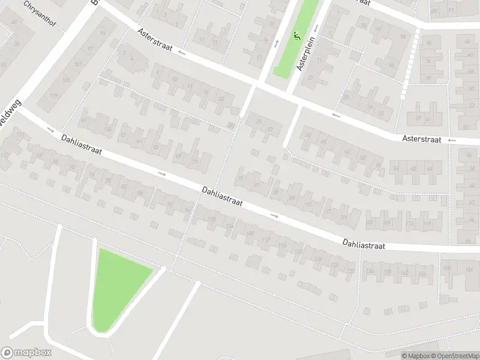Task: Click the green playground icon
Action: click(298, 37)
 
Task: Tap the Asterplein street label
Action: click(311, 54)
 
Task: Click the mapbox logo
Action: click(26, 353)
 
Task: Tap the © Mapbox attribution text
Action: click(416, 355)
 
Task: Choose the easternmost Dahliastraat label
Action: click(363, 244)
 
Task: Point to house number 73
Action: click(194, 162)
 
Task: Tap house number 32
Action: click(270, 129)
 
